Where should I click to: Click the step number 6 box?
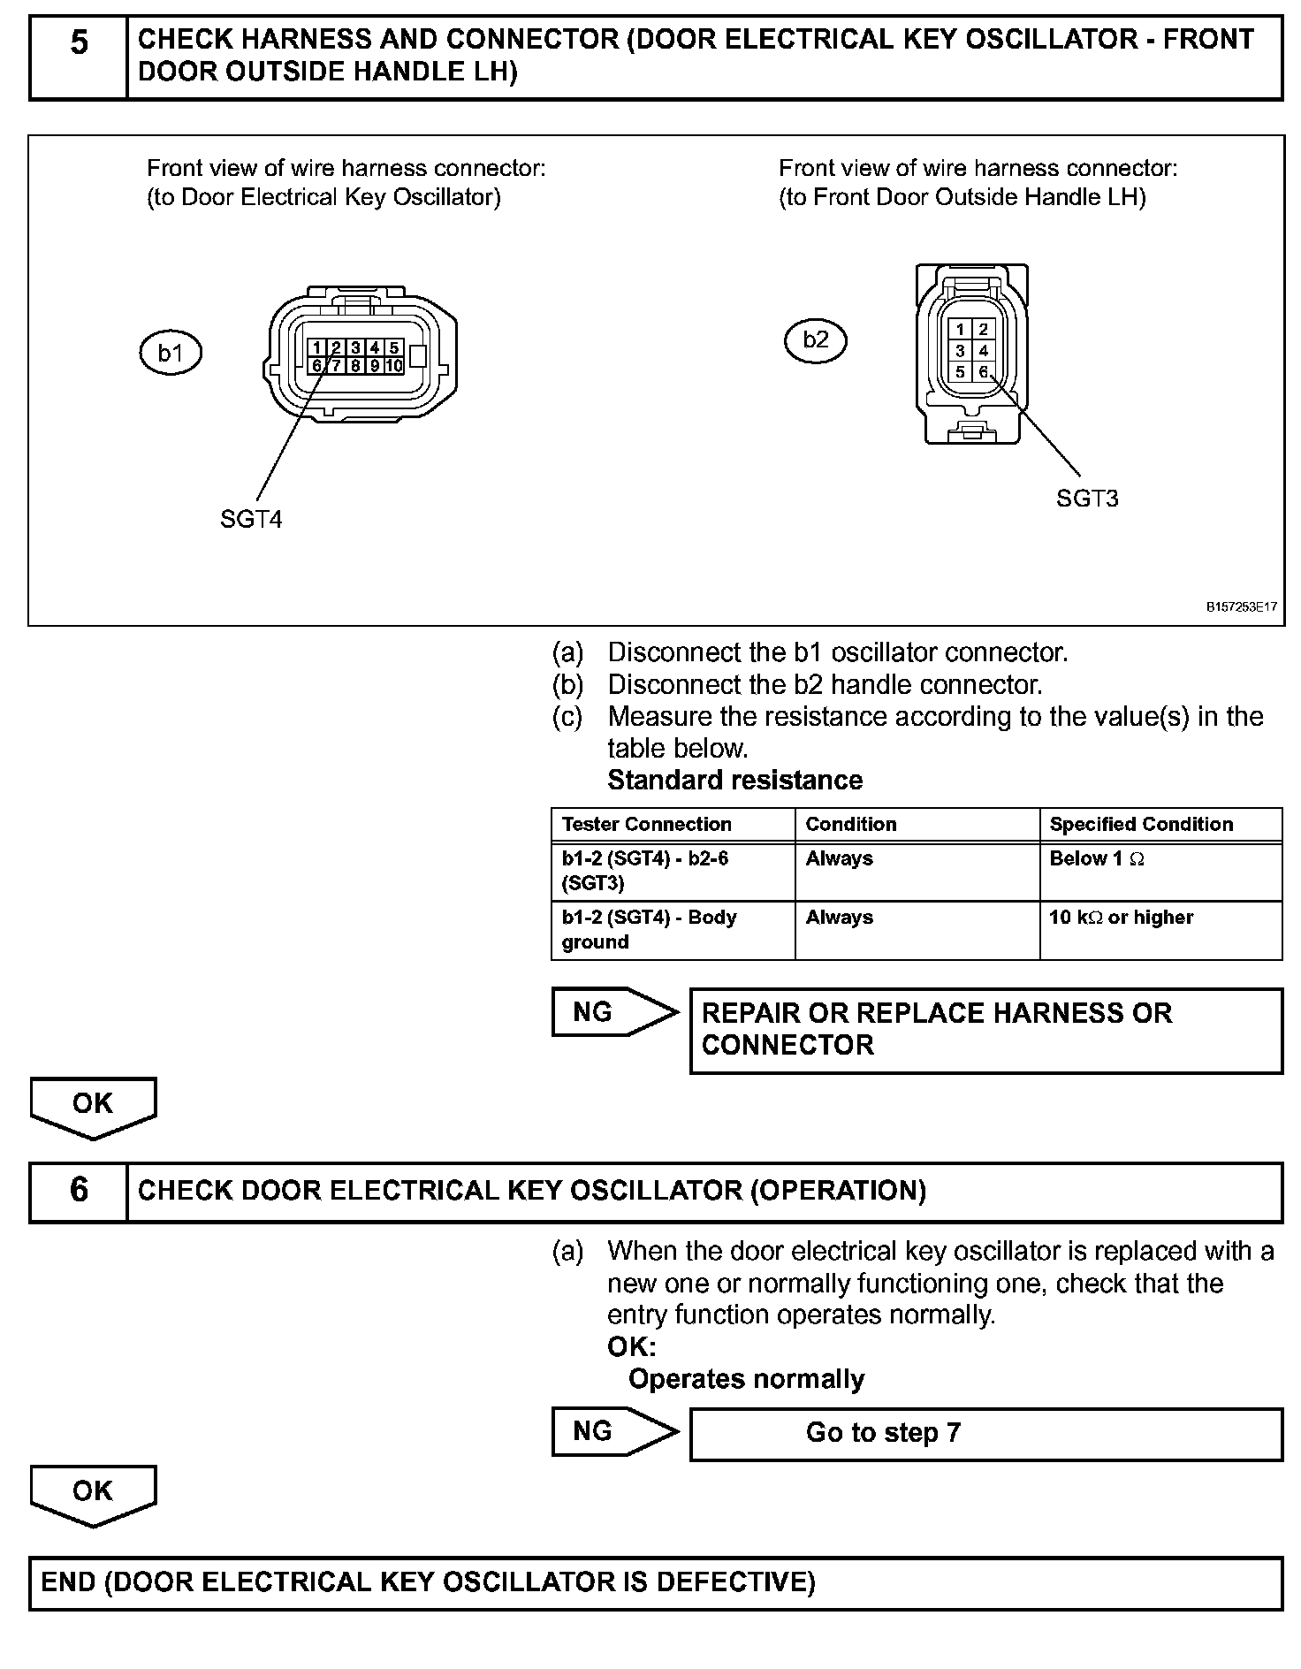[x=79, y=1191]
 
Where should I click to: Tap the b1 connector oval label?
[x=171, y=354]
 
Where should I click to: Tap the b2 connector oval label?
[x=815, y=340]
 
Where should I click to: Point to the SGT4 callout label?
[x=251, y=520]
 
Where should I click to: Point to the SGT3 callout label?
[x=1087, y=499]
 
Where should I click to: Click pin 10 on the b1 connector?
[x=393, y=365]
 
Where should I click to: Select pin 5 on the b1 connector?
[x=393, y=348]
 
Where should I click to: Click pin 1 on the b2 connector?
[x=961, y=330]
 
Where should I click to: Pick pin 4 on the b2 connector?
[x=984, y=351]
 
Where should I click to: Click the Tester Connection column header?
[x=646, y=825]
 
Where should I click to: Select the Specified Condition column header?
[x=1140, y=825]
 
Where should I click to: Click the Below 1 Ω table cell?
[x=1160, y=872]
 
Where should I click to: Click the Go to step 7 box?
[x=985, y=1433]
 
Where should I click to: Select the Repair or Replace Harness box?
[x=985, y=1030]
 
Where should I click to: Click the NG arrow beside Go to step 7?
[x=614, y=1432]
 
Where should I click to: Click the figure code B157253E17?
[x=1240, y=607]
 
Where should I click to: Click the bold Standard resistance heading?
[x=734, y=781]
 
